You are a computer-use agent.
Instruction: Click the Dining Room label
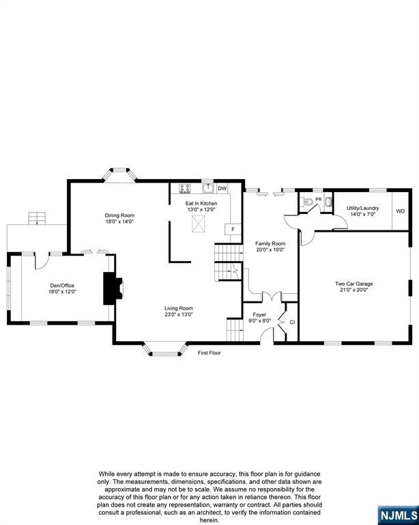(119, 215)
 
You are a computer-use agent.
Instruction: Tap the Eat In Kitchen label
(201, 204)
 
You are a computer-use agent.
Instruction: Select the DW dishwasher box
(222, 189)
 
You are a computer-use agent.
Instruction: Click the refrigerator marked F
(233, 229)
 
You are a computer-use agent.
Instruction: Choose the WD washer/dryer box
(400, 211)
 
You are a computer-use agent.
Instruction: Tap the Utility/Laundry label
(362, 207)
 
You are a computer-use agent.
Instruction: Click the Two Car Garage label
(353, 283)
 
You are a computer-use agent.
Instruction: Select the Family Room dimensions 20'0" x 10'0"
(270, 250)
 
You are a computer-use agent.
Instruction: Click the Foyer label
(260, 315)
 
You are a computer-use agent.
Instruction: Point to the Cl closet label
(292, 322)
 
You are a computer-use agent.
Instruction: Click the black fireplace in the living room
(111, 288)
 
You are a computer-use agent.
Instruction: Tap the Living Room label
(179, 308)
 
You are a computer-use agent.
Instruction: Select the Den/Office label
(61, 285)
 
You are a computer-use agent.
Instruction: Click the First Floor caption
(209, 353)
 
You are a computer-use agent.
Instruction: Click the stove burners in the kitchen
(185, 189)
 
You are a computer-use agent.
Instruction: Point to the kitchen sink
(207, 189)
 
